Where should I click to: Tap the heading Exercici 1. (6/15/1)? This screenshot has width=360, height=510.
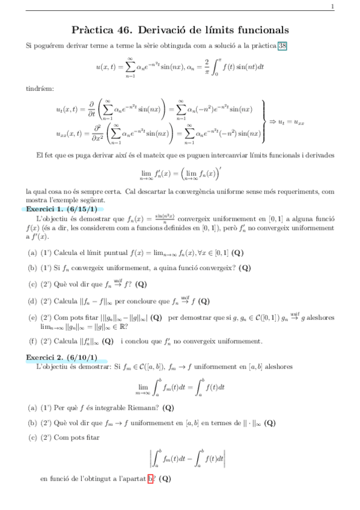pyautogui.click(x=61, y=208)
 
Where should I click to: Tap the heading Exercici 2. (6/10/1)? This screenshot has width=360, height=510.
pyautogui.click(x=61, y=357)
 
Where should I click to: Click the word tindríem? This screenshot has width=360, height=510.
pyautogui.click(x=40, y=88)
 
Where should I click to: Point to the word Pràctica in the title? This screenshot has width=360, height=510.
pyautogui.click(x=93, y=29)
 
